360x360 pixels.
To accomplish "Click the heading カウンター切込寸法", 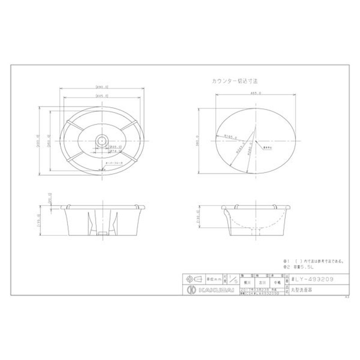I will [x=234, y=81].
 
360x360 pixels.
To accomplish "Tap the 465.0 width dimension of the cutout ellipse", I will [x=255, y=94].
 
